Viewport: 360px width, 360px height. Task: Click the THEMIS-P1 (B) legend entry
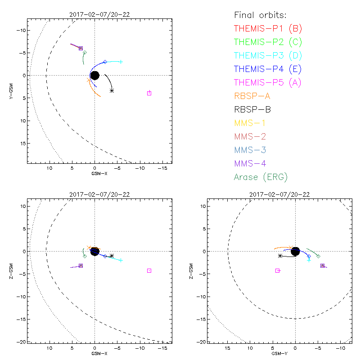point(268,29)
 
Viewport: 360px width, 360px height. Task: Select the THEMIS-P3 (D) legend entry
point(268,56)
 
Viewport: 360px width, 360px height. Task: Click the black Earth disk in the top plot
point(94,75)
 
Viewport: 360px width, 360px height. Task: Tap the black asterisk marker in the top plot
point(112,90)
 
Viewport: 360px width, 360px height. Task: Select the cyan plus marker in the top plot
point(121,62)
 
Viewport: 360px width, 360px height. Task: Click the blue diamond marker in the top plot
point(105,62)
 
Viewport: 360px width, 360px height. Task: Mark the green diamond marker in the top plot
point(85,53)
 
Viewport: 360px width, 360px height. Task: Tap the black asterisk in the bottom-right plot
point(280,256)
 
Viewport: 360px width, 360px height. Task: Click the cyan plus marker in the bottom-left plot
point(121,260)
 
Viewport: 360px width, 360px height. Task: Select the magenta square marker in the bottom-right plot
point(278,270)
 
